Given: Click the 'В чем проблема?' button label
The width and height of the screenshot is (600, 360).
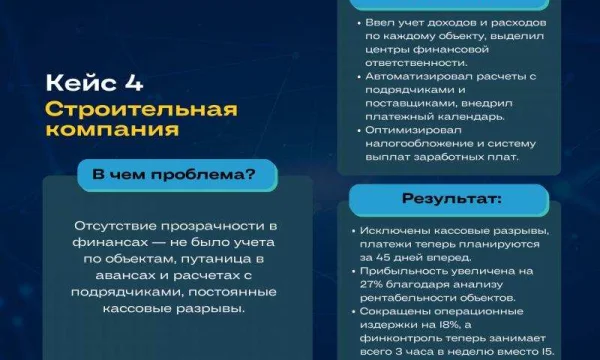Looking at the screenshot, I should pos(172,174).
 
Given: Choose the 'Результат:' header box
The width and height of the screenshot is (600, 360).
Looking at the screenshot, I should pos(446,199).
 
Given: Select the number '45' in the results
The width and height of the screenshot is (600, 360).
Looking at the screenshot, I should pos(397,256).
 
